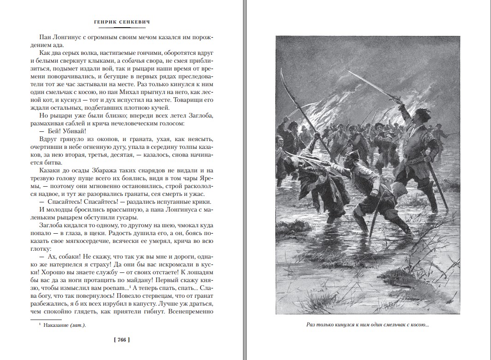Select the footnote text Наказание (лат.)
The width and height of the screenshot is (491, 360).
pos(65,325)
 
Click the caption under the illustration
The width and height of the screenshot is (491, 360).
pos(367,325)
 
